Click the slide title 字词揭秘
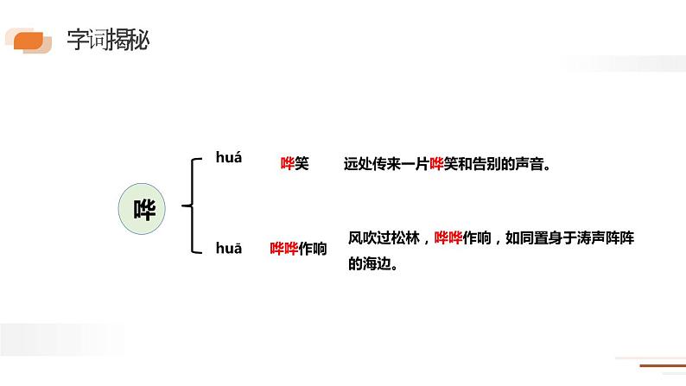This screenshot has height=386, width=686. pyautogui.click(x=107, y=41)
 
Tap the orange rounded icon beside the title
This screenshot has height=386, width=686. pyautogui.click(x=29, y=40)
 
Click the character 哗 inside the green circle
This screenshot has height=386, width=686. pyautogui.click(x=145, y=208)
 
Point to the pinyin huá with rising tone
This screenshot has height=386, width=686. pyautogui.click(x=229, y=157)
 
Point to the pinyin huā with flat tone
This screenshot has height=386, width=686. pyautogui.click(x=229, y=248)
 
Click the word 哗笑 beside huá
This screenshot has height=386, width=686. pyautogui.click(x=295, y=163)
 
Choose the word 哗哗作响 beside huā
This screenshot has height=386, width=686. pyautogui.click(x=299, y=249)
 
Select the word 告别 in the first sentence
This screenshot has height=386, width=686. pyautogui.click(x=482, y=163)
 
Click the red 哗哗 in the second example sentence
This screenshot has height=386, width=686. pyautogui.click(x=448, y=237)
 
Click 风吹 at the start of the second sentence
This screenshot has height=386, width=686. pyautogui.click(x=363, y=237)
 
